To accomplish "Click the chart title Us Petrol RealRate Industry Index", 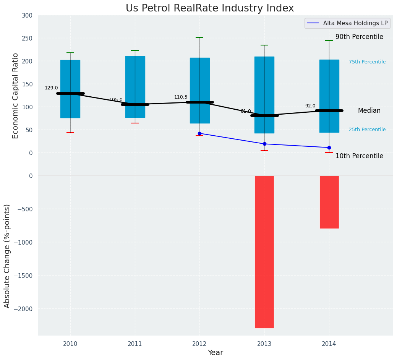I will [210, 8].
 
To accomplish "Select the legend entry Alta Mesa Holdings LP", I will [355, 23].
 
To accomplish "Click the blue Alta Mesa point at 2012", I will [199, 133].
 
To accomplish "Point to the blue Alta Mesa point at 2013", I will [264, 144].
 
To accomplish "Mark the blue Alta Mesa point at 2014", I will [329, 148].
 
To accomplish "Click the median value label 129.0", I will [51, 88].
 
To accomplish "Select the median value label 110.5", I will [181, 97].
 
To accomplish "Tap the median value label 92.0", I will [310, 106].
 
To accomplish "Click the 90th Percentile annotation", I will [359, 37].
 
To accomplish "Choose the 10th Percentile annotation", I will [359, 156].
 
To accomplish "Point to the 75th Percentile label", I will [367, 62].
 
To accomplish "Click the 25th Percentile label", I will [367, 130].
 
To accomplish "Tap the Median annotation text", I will [369, 110].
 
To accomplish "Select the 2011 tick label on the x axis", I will [135, 344].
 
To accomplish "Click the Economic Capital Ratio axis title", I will [16, 96].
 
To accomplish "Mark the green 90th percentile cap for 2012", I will [199, 37].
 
